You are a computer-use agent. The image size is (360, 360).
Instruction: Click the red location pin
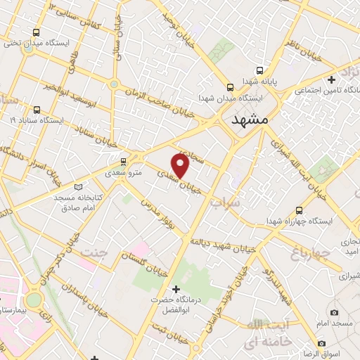(181, 165)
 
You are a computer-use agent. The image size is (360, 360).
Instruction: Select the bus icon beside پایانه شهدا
(261, 71)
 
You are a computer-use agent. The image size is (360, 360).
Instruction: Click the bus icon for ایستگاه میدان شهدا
(230, 87)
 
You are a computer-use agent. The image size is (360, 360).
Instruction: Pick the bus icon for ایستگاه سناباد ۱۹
(36, 110)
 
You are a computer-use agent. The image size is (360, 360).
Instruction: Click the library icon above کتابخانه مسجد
(77, 187)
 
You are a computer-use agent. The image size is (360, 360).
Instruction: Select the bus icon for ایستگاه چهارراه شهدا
(300, 210)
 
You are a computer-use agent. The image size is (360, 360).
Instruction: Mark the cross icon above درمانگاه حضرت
(176, 288)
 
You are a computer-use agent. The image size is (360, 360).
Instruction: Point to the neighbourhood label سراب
(224, 202)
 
